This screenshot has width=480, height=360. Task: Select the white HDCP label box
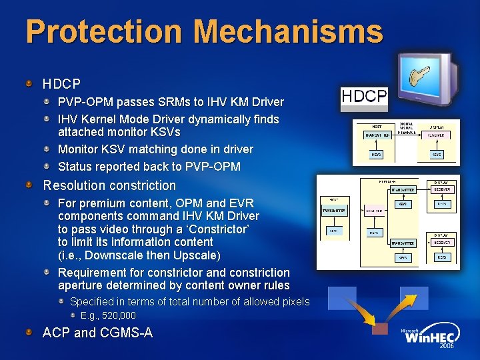pyautogui.click(x=364, y=97)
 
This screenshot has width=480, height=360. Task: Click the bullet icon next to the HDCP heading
pyautogui.click(x=29, y=84)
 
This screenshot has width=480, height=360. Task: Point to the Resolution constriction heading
pyautogui.click(x=109, y=185)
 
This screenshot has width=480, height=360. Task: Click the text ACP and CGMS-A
pyautogui.click(x=97, y=332)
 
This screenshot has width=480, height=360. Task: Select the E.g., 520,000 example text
pyautogui.click(x=108, y=315)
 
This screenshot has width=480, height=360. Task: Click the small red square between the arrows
pyautogui.click(x=379, y=329)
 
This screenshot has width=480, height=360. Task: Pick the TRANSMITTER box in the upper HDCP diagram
pyautogui.click(x=377, y=135)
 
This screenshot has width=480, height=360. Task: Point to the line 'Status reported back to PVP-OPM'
pyautogui.click(x=149, y=166)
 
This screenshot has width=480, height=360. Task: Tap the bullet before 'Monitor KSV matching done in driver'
pyautogui.click(x=49, y=149)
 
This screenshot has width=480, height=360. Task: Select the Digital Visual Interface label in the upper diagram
pyautogui.click(x=407, y=127)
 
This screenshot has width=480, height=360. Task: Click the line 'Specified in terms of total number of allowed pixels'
pyautogui.click(x=189, y=301)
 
